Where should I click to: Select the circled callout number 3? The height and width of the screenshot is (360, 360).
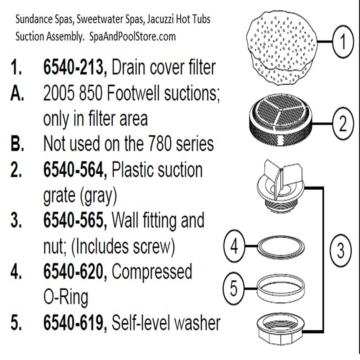click(340, 250)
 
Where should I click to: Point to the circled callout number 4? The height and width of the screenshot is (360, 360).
click(234, 247)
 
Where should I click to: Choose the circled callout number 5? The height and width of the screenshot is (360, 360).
click(234, 288)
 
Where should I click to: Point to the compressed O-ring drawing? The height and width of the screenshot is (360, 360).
click(281, 248)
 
